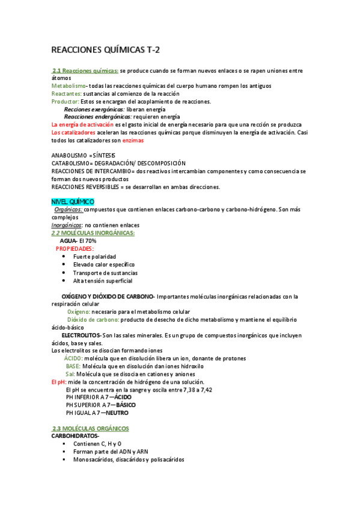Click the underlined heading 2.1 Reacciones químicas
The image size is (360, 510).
[85, 70]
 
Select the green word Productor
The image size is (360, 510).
[65, 102]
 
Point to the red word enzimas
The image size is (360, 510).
[133, 140]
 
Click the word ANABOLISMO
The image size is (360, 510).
[67, 156]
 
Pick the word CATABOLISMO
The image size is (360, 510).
[69, 164]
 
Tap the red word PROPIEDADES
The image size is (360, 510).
[75, 248]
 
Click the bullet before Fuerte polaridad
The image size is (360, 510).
[64, 257]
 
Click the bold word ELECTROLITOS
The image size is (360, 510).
[81, 334]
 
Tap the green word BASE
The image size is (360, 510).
[73, 366]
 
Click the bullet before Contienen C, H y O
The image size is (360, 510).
[64, 444]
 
